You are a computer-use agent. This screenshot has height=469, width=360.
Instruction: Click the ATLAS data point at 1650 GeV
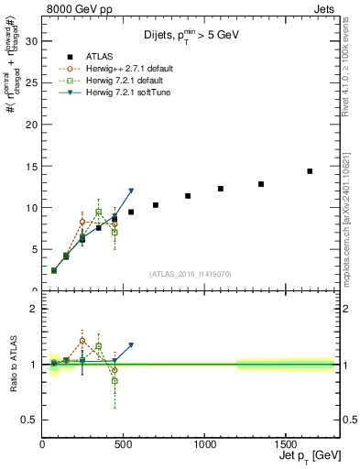pyautogui.click(x=310, y=171)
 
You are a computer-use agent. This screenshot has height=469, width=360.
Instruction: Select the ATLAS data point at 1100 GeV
pyautogui.click(x=221, y=189)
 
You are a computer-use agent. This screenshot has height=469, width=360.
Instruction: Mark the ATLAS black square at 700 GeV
pyautogui.click(x=156, y=205)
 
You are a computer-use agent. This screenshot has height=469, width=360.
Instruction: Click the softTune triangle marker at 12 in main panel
pyautogui.click(x=131, y=191)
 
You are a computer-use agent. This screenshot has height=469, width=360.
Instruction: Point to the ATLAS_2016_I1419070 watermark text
pyautogui.click(x=191, y=273)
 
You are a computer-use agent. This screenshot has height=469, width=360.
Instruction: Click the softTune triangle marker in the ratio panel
pyautogui.click(x=131, y=345)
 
